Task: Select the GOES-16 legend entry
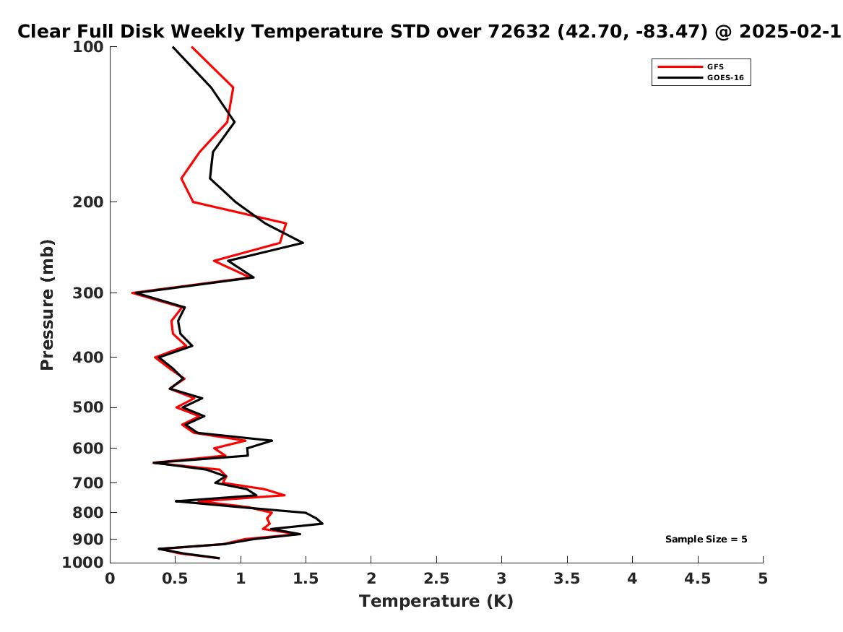click(701, 78)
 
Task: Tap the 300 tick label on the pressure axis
click(87, 293)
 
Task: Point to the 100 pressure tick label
click(87, 47)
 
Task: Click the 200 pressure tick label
click(87, 202)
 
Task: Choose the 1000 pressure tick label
click(83, 563)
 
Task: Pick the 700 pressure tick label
click(87, 483)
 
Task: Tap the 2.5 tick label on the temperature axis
click(436, 579)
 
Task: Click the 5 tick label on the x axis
click(763, 579)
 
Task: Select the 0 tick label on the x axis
click(111, 579)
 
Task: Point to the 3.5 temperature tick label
click(566, 579)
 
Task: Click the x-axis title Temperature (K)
click(436, 601)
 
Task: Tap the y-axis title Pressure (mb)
click(47, 305)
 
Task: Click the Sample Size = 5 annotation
click(706, 539)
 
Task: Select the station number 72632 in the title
click(519, 31)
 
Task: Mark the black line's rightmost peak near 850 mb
click(323, 524)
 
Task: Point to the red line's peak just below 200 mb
click(286, 223)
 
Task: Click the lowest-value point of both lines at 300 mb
click(133, 293)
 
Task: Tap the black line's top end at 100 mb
click(173, 47)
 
